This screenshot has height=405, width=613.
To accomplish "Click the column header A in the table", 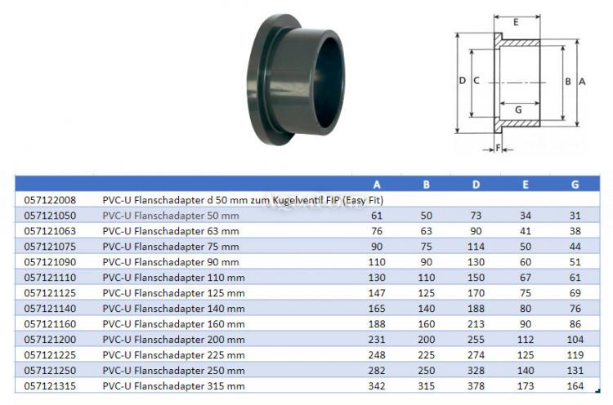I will [x=377, y=185].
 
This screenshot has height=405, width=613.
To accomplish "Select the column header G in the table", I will [x=575, y=185].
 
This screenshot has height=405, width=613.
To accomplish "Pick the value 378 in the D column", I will [x=476, y=385].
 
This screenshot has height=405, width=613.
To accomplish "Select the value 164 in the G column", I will [x=575, y=385].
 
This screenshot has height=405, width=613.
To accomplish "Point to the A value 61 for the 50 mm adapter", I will [x=377, y=215].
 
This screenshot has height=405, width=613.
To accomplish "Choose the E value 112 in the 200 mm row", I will [x=525, y=338].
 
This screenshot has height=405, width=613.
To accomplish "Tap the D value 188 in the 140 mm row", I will [x=476, y=308].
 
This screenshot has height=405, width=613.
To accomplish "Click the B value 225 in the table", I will [x=426, y=354].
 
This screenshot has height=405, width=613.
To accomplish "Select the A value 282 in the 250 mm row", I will [x=377, y=369].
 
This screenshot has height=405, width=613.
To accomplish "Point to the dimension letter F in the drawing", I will [x=497, y=148].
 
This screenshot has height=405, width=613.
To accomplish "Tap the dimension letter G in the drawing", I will [x=517, y=109].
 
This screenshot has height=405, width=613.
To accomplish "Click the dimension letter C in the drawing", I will [x=477, y=81].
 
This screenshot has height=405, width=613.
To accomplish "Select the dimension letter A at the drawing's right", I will [x=582, y=82].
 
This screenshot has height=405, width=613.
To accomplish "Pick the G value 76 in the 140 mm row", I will [x=575, y=308].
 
